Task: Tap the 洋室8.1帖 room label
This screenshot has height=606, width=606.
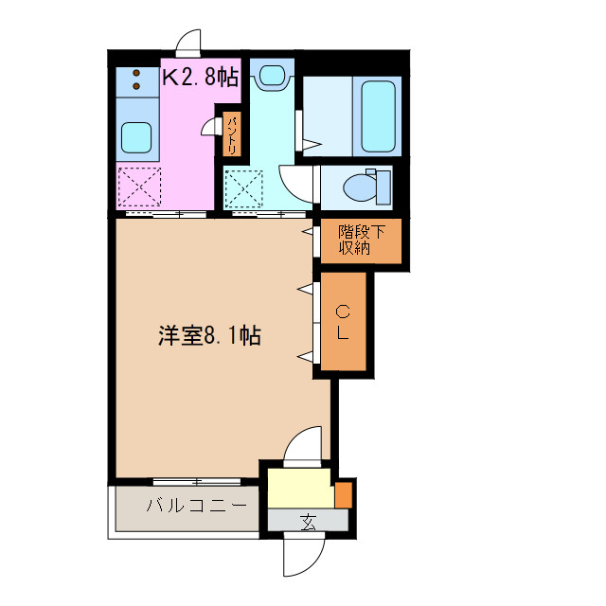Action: coord(209,334)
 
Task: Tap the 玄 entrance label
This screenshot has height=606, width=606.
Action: coord(309,520)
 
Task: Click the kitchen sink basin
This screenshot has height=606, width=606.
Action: coord(135,139)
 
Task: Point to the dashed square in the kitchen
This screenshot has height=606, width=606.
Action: coord(138,186)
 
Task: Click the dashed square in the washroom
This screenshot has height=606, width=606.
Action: coord(244,187)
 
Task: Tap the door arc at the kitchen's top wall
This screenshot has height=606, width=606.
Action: coord(188,41)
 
